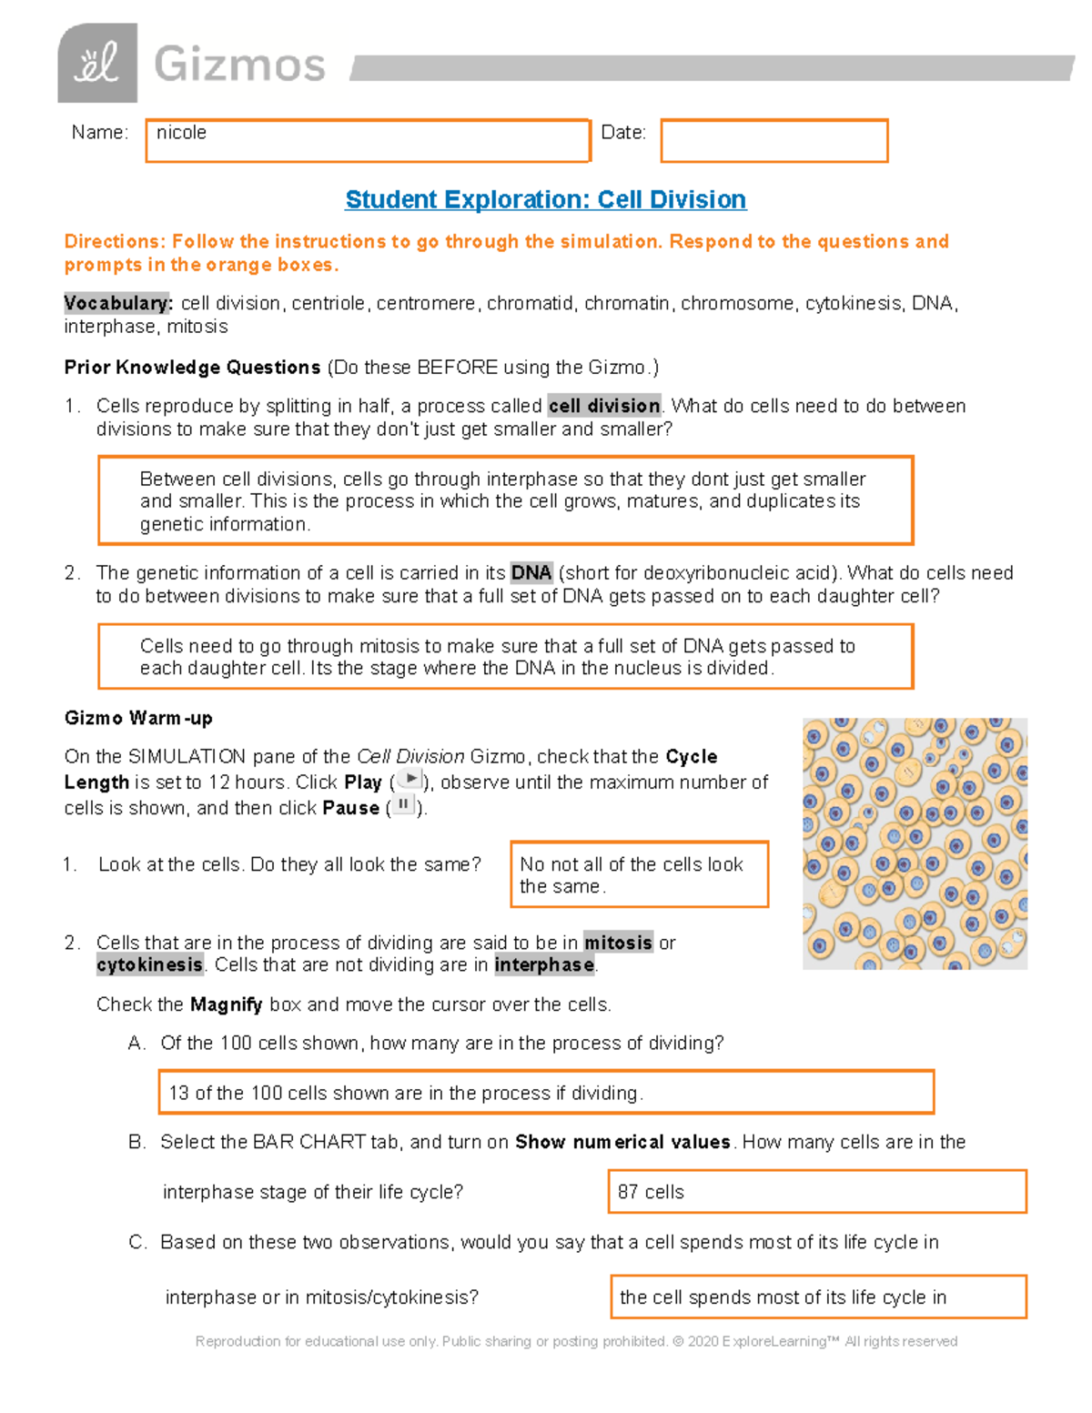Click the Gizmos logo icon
tap(97, 63)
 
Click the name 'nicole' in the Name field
tap(182, 133)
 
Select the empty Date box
tap(773, 141)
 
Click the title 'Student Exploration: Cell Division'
tap(546, 199)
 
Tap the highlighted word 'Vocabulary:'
tap(117, 303)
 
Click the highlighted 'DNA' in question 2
tap(531, 572)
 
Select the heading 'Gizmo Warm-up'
tap(138, 718)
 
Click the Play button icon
tap(410, 780)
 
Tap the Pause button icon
tap(403, 805)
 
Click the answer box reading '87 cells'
tap(816, 1192)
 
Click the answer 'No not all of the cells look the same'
tap(639, 874)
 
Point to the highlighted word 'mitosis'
tap(618, 943)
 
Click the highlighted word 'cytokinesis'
tap(150, 964)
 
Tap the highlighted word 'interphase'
tap(544, 964)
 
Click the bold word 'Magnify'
tap(226, 1004)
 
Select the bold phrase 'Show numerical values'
tap(622, 1142)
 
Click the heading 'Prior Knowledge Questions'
tap(192, 368)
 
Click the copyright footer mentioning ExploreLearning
tap(576, 1341)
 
